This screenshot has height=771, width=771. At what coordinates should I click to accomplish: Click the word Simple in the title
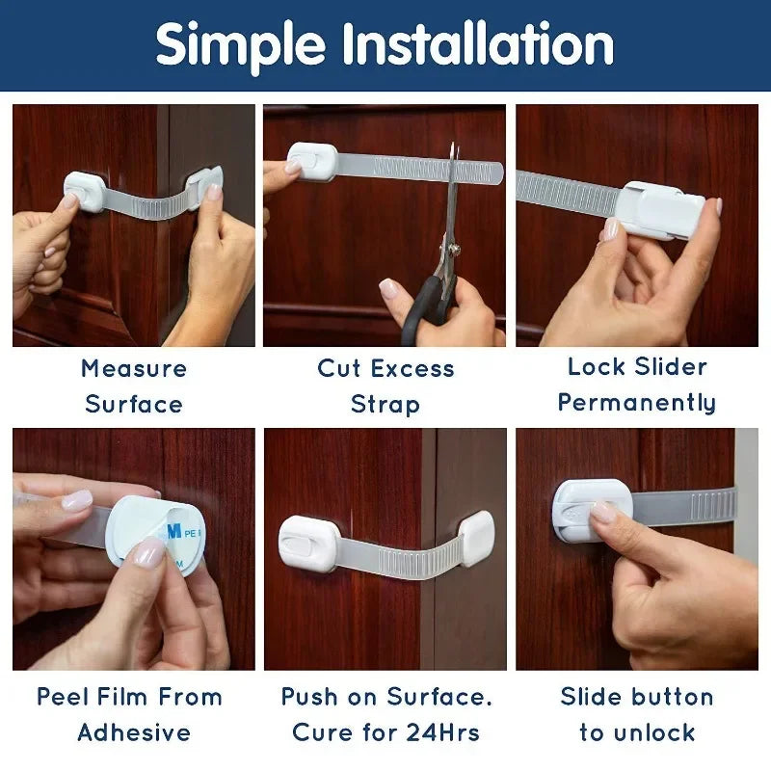tap(239, 45)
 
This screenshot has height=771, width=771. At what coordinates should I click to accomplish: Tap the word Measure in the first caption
tap(134, 368)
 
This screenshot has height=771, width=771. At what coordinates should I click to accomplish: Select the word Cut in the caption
tap(340, 368)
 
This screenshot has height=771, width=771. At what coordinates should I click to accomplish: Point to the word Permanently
tap(637, 403)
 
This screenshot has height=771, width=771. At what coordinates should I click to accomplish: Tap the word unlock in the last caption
tap(651, 732)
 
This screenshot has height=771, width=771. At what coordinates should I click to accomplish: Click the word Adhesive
tap(134, 732)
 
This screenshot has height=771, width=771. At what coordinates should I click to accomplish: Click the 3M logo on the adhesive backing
tap(173, 529)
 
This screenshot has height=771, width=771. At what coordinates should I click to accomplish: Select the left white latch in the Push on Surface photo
tap(308, 543)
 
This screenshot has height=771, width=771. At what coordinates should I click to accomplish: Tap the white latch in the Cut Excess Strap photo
tap(311, 161)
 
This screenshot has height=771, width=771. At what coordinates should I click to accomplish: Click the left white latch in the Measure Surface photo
tap(85, 190)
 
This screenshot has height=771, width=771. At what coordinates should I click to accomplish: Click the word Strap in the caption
tap(385, 404)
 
